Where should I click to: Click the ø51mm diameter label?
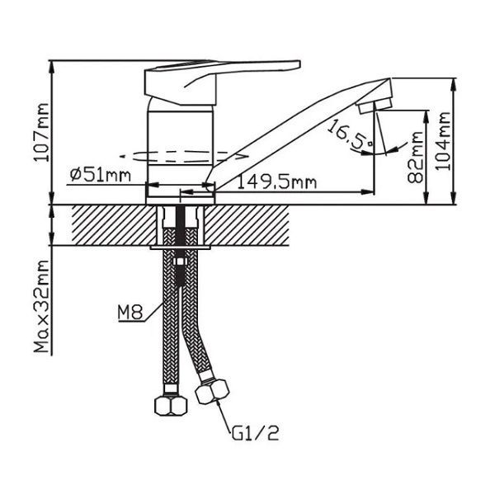(101, 175)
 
